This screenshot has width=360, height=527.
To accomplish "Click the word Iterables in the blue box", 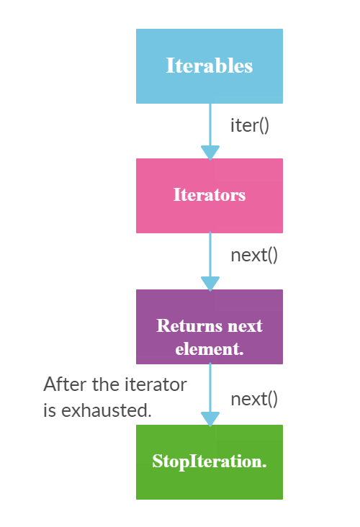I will click(x=209, y=66).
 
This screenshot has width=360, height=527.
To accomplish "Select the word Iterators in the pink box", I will click(x=209, y=194).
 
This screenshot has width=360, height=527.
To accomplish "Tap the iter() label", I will click(x=249, y=125).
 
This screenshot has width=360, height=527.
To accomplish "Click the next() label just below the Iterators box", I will click(x=253, y=255).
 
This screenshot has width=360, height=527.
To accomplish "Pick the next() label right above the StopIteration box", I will click(x=253, y=399).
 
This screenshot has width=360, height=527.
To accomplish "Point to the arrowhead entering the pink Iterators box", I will click(x=210, y=152).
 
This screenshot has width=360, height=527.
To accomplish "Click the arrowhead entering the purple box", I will click(x=210, y=283).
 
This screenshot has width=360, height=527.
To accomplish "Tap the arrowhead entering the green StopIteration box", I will click(x=210, y=418).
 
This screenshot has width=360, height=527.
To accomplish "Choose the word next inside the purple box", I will click(x=245, y=325).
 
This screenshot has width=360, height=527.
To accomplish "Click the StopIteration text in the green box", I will click(x=209, y=461).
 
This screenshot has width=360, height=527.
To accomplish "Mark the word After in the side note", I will click(x=62, y=384).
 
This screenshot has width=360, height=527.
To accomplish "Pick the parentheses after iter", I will click(x=263, y=125).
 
